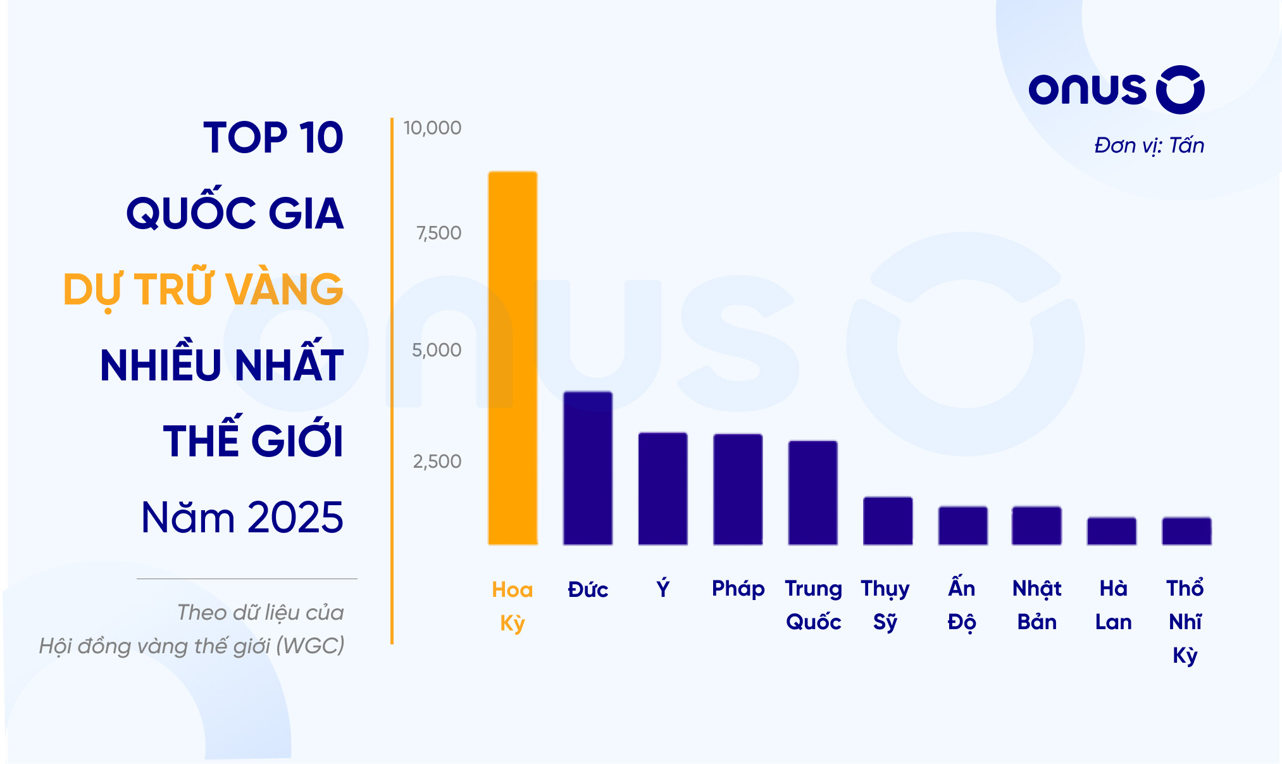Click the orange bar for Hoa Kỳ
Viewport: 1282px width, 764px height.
coord(513,358)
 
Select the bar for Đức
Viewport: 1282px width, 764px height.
coord(588,468)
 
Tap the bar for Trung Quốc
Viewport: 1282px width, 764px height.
coord(812,492)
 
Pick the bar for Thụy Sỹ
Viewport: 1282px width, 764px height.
coord(888,520)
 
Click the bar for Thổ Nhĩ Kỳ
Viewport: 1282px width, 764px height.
coord(1186,531)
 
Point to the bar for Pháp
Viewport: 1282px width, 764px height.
coord(738,489)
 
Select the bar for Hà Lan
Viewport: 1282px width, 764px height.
coord(1112,531)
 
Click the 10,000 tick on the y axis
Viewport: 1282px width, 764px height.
coord(433,128)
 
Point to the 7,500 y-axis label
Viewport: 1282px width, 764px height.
coord(439,233)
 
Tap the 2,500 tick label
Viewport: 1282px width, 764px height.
coord(437,461)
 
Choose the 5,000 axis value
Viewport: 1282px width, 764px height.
coord(437,350)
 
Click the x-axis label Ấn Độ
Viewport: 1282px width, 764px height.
coord(962,605)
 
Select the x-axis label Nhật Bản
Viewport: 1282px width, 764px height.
coord(1037,605)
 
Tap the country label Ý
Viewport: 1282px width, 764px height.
coord(663,589)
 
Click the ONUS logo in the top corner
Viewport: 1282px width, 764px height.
coord(1116,90)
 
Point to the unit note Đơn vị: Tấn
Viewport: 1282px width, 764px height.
coord(1149,146)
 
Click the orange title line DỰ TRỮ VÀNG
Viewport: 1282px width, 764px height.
coord(204,289)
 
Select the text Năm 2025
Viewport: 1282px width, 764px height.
coord(242,517)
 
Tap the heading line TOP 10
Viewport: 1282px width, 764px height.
coord(273,137)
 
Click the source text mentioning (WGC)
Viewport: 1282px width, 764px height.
coord(192,646)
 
